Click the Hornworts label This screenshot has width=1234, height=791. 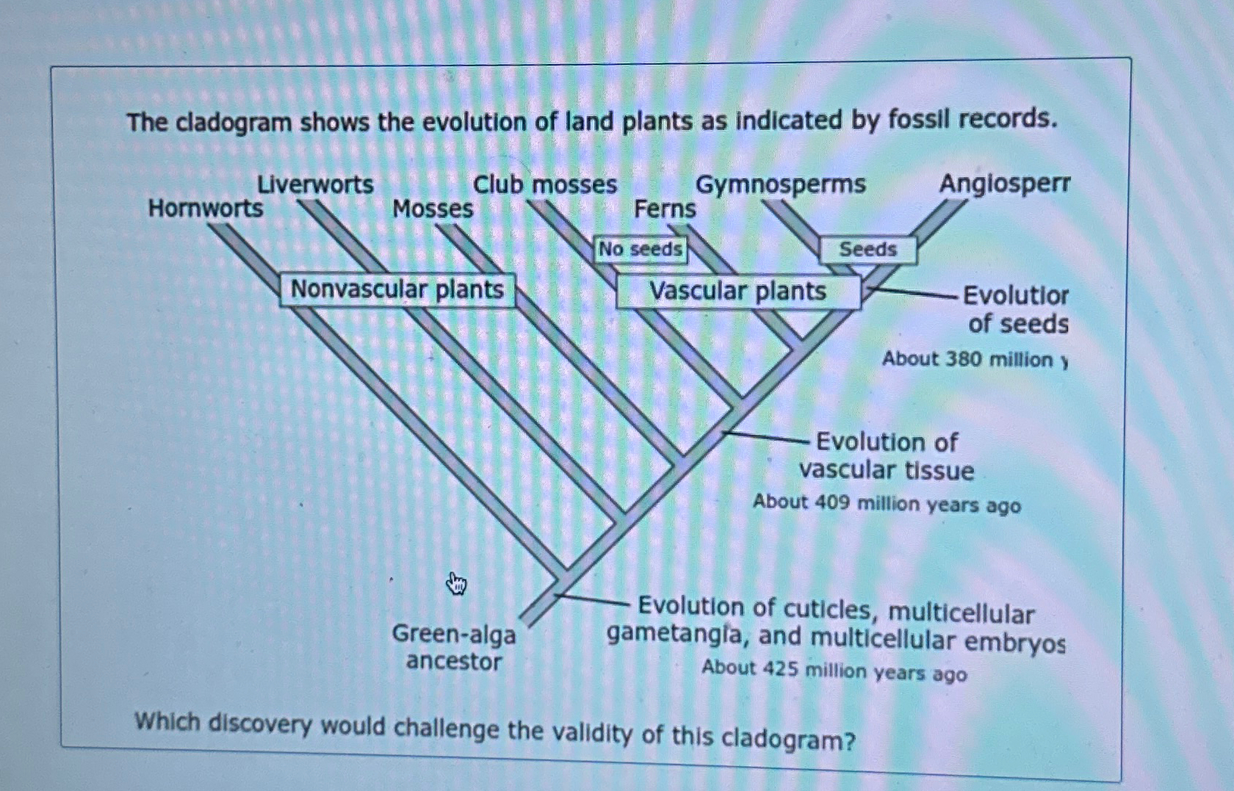tap(205, 209)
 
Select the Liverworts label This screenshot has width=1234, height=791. tap(315, 184)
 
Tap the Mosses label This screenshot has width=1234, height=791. tap(433, 209)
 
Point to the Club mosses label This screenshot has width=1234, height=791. tap(544, 185)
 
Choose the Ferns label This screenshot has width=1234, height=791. tap(665, 209)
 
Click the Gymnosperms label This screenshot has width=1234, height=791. tap(780, 184)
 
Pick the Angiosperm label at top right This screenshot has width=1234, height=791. tap(1004, 184)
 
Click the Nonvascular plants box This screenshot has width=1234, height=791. tap(397, 289)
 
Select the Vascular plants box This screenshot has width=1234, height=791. tap(737, 292)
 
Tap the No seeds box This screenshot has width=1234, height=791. tap(640, 250)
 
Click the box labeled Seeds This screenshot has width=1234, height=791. tap(867, 250)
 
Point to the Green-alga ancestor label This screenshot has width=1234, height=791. tap(454, 647)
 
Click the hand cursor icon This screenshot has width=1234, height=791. tap(456, 585)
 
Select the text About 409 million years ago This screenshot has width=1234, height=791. tap(887, 504)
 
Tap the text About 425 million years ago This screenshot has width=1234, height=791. tap(834, 670)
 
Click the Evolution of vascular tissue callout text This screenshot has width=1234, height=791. tap(887, 456)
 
